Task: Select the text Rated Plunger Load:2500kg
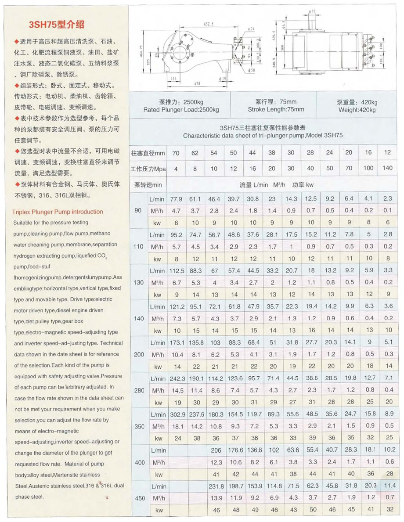181,110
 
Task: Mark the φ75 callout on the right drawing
313,11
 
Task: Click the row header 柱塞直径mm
148,153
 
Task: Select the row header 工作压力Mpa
148,169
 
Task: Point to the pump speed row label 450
138,499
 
